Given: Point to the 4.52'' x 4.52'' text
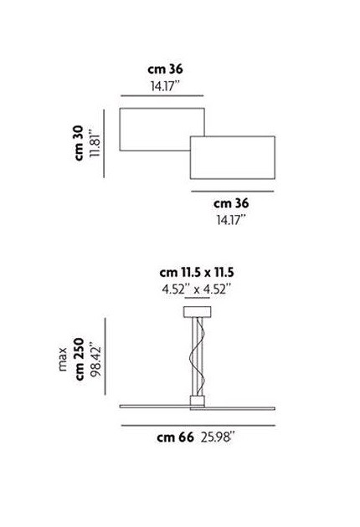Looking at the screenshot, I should coord(196,290).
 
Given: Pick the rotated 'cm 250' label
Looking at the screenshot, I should coord(79,360).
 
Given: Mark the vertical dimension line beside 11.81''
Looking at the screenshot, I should coord(105,142).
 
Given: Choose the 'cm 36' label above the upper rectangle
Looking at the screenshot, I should coord(163,73).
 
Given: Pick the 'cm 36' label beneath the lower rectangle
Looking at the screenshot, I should coord(232,202).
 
